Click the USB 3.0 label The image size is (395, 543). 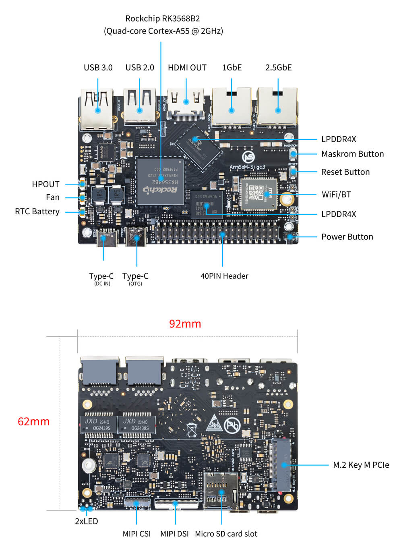tap(98, 68)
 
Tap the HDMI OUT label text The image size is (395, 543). tap(187, 68)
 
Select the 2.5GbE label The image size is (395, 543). tap(278, 68)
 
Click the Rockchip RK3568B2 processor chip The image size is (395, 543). tap(161, 181)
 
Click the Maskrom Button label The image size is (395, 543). tap(352, 154)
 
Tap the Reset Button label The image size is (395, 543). tap(345, 172)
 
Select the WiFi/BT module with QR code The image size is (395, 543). tap(261, 194)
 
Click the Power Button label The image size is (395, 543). tap(347, 237)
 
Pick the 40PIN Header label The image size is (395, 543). tap(224, 276)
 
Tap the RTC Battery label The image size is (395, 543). tap(37, 211)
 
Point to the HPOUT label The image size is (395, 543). tap(45, 184)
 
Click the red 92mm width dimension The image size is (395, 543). tap(185, 324)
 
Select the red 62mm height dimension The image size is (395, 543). tap(33, 422)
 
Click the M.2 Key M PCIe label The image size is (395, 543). tap(361, 465)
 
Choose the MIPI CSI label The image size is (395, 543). tap(136, 534)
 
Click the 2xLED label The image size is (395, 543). tap(86, 521)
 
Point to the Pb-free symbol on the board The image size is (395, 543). tap(232, 425)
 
